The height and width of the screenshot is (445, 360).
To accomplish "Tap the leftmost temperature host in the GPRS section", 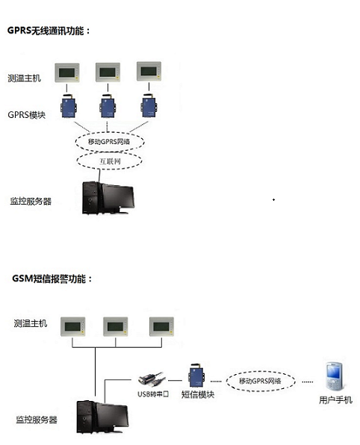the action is [x=67, y=73].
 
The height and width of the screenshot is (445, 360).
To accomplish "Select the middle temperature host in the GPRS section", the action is [x=108, y=72].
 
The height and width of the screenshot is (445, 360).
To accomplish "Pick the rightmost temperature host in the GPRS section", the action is [x=149, y=71].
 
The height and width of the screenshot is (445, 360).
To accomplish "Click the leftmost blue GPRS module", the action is [x=68, y=107].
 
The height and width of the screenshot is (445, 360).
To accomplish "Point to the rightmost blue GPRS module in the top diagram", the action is [x=149, y=105].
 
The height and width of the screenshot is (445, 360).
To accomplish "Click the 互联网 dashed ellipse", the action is [x=110, y=161].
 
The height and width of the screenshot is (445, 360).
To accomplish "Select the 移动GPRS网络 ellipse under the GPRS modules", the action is [x=110, y=141].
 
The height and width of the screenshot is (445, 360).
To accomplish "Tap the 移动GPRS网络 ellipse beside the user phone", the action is [x=261, y=381].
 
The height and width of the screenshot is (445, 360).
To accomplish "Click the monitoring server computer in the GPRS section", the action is [x=108, y=198].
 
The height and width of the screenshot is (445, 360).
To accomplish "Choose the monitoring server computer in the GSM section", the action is [x=103, y=417].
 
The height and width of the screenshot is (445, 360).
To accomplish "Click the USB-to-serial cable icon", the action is [x=152, y=380].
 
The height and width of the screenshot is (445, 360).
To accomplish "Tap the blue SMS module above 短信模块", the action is [x=196, y=375].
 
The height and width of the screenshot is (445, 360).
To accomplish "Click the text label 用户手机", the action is [x=335, y=400].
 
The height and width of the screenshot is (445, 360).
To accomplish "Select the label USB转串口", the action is [x=153, y=394].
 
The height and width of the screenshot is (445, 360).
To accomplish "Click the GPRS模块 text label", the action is [x=26, y=115].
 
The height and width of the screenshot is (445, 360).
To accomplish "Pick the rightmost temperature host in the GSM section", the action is [x=161, y=326].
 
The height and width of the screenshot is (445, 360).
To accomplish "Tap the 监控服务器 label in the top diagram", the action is [x=31, y=201].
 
